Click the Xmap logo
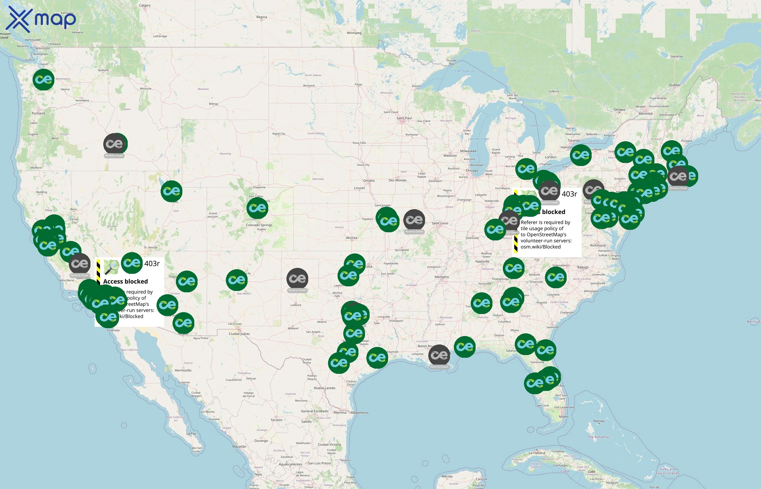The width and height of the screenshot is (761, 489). (x=42, y=19)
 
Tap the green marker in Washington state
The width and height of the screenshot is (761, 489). (x=43, y=79)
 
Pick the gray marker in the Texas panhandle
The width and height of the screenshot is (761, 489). (x=297, y=278)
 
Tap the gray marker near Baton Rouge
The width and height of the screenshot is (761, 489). (x=439, y=355)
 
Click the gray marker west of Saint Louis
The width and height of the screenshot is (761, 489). (x=414, y=220)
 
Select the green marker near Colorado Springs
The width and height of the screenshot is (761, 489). (x=257, y=208)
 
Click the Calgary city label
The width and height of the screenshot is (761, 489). (x=145, y=5)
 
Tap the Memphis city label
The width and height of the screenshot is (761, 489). (x=441, y=277)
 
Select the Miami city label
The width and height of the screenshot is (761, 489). (x=563, y=417)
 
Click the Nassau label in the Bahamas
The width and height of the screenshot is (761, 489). (x=599, y=421)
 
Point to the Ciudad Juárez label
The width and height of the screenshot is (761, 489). (x=239, y=334)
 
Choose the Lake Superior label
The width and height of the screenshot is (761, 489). (x=464, y=71)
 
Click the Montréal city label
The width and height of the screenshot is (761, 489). (x=645, y=114)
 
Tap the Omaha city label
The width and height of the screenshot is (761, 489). (x=369, y=181)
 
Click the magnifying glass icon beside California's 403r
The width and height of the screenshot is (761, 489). (x=111, y=267)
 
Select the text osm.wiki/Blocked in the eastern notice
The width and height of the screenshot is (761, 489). (x=541, y=247)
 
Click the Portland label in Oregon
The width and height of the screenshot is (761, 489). (x=38, y=113)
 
